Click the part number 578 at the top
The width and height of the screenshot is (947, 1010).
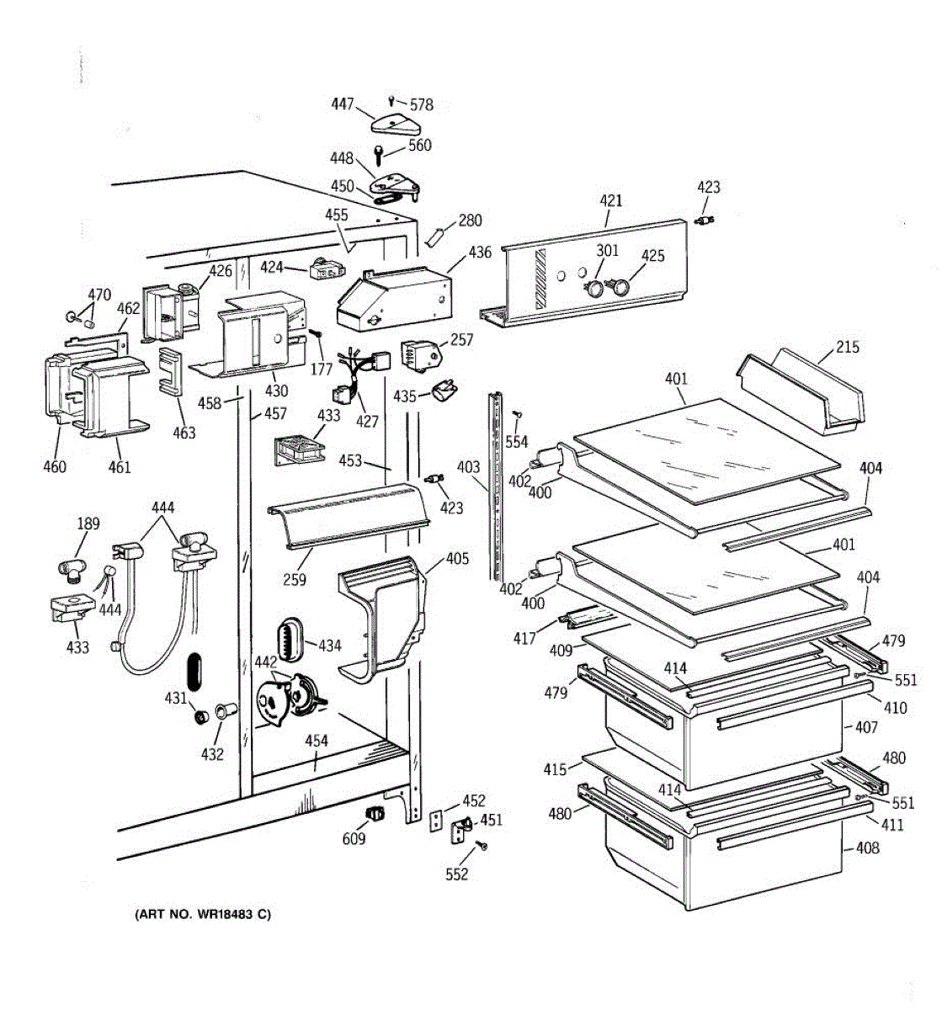coord(422,105)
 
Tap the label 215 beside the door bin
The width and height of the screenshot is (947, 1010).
coord(847,347)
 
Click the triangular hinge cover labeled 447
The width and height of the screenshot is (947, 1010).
coord(396,124)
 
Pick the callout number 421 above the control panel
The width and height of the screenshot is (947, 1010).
coord(611,200)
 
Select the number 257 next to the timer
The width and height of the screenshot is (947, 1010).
coord(461,340)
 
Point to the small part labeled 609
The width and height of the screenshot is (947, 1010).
coord(375,812)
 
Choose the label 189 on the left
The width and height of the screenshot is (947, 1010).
coord(88,524)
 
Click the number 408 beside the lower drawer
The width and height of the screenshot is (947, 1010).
coord(868,848)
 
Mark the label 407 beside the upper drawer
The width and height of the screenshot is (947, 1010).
coord(866,727)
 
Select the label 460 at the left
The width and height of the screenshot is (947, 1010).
coord(55,466)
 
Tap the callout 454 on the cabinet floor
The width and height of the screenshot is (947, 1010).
coord(317,742)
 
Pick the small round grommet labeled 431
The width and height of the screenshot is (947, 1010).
coord(201,716)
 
